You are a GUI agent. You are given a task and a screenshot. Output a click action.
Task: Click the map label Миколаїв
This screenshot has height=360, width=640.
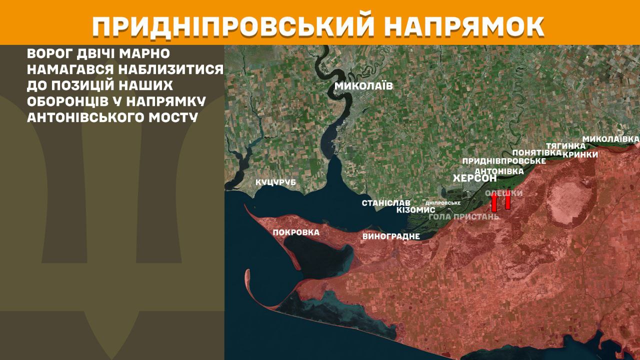click(x=363, y=86)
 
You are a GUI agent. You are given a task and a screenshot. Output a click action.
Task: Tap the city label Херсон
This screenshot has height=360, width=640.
click(x=474, y=178)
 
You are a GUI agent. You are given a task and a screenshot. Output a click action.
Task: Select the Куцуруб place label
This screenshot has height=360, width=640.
click(x=276, y=182)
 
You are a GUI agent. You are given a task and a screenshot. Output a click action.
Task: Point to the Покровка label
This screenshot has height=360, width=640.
click(x=296, y=232)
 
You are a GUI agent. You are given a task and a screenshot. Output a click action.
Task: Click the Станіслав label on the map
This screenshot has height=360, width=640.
click(x=386, y=203)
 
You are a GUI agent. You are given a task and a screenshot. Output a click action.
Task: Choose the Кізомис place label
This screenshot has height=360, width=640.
click(x=415, y=210)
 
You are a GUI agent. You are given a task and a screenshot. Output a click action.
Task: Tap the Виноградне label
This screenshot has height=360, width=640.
click(x=391, y=236)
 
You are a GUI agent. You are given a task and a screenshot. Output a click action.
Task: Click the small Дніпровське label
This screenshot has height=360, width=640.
click(x=442, y=203)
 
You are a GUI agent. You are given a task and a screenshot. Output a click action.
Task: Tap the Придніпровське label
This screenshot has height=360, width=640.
click(x=503, y=161)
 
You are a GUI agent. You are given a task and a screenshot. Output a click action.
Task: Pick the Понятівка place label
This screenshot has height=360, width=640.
click(x=534, y=152)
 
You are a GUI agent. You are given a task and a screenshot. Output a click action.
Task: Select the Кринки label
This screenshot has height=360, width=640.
click(x=580, y=154)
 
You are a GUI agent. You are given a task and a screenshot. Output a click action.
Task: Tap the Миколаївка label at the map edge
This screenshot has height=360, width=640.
click(x=611, y=138)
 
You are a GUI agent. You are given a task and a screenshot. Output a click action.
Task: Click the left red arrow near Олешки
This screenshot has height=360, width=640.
click(x=494, y=202)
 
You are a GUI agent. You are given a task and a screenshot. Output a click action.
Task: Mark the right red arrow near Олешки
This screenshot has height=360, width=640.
click(x=507, y=200)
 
